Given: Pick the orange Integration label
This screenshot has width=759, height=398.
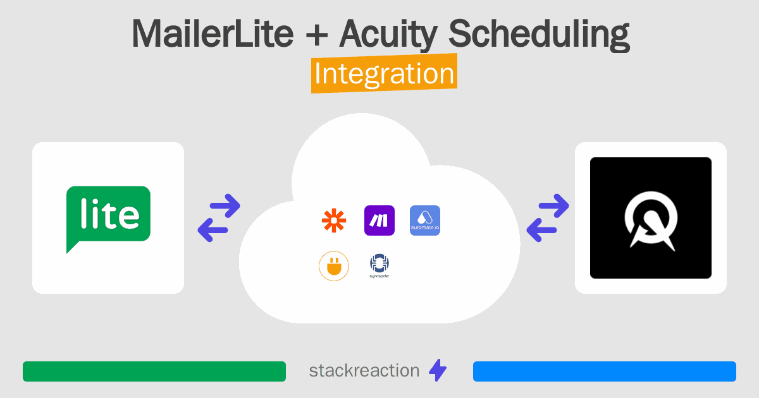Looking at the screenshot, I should (x=384, y=74).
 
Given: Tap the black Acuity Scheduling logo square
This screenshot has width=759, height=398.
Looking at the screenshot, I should (x=650, y=218).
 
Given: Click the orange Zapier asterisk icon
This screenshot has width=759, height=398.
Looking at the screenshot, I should (x=333, y=220).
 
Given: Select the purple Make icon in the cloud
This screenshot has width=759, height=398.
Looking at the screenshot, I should (x=379, y=220).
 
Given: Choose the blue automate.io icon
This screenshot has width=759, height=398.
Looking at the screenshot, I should (x=425, y=220).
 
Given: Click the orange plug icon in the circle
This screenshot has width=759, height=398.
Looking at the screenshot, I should (x=333, y=266).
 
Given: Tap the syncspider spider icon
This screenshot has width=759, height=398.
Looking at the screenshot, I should (x=379, y=265).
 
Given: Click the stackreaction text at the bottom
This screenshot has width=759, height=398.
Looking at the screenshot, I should (x=364, y=371).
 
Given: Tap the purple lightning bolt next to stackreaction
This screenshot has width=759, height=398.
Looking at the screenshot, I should (x=438, y=371).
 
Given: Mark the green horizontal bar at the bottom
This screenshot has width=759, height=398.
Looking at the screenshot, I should (x=154, y=371).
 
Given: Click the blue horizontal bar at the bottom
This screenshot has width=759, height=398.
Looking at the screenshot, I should (x=605, y=371).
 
